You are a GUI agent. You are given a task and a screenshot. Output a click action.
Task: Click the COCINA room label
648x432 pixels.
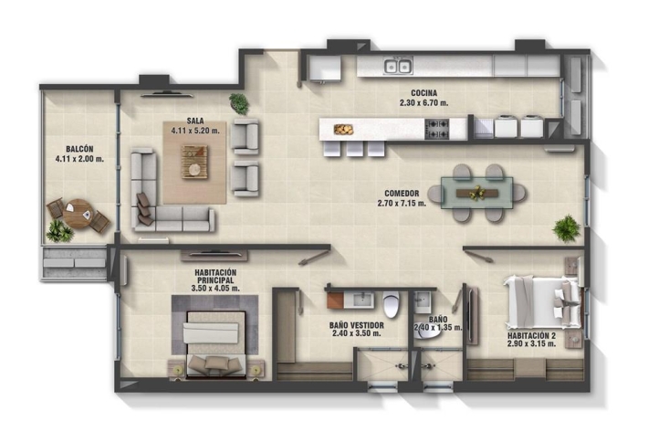[x=424, y=93]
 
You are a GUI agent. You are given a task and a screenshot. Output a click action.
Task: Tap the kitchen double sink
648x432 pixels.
[x=399, y=66]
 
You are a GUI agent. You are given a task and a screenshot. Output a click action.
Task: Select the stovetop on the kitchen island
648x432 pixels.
[x=437, y=129]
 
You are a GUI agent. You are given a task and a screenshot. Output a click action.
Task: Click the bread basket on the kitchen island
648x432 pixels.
[x=343, y=130]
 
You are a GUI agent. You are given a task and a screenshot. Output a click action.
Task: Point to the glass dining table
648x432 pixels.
[x=477, y=193]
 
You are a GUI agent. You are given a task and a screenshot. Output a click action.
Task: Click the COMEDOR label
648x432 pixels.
[x=402, y=193]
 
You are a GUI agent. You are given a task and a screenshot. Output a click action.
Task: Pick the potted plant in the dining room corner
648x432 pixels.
[x=567, y=227]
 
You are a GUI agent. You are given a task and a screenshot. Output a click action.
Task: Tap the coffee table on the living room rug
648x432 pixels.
[x=194, y=162]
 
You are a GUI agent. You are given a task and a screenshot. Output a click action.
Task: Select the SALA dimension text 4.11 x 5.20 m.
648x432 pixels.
[x=195, y=131]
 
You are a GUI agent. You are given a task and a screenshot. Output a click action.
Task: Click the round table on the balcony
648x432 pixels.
[x=78, y=214]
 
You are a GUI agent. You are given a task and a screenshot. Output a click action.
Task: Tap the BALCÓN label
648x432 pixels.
[x=79, y=149]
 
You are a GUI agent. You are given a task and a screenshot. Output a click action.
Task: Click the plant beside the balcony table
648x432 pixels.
[x=59, y=231]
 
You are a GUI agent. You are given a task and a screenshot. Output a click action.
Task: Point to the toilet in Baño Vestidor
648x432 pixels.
[x=391, y=304]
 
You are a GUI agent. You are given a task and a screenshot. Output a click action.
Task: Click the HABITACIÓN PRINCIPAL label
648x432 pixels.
[x=215, y=276]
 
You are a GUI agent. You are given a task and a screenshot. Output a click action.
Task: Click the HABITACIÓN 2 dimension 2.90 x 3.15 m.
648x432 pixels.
[x=531, y=343]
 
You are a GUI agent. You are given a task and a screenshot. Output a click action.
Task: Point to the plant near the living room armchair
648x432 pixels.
[x=239, y=103]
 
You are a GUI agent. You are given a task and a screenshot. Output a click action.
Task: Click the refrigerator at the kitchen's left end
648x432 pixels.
[x=325, y=68]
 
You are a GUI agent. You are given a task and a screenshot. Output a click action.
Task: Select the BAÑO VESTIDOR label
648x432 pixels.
[x=357, y=325]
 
